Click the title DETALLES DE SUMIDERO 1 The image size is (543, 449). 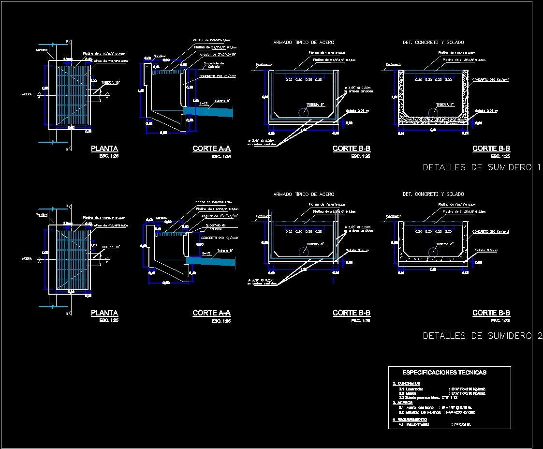(482, 167)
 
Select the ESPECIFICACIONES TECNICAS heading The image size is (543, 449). (444, 373)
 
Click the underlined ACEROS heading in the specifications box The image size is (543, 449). (405, 402)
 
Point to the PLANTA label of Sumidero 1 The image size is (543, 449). (104, 149)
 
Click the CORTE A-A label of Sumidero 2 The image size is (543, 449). (211, 313)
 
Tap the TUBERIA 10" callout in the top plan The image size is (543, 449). (110, 82)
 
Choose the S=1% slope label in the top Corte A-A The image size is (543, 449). (204, 104)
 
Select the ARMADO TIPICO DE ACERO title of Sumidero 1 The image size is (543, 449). (304, 43)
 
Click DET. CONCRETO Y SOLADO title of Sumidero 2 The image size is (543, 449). (433, 194)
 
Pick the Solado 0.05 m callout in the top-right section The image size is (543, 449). (486, 110)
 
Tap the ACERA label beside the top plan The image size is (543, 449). (27, 94)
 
